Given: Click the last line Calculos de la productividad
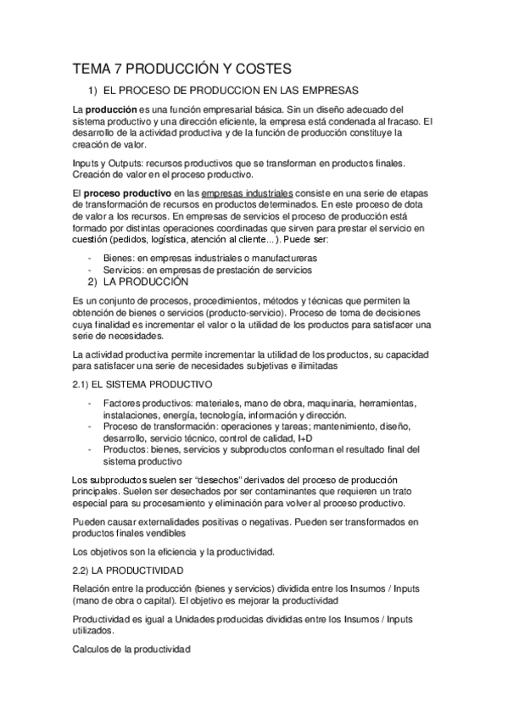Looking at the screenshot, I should (x=131, y=650).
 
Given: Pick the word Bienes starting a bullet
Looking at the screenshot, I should (x=119, y=257).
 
